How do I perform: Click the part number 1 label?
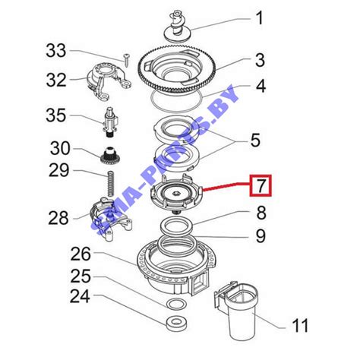pyautogui.click(x=259, y=18)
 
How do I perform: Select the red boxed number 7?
pyautogui.click(x=261, y=185)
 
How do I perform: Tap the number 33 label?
pyautogui.click(x=56, y=51)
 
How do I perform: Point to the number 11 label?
pyautogui.click(x=300, y=325)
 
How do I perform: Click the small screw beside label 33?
pyautogui.click(x=126, y=60)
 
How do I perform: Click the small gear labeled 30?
pyautogui.click(x=110, y=156)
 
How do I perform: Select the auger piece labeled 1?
pyautogui.click(x=176, y=26)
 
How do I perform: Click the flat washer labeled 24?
pyautogui.click(x=176, y=323)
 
